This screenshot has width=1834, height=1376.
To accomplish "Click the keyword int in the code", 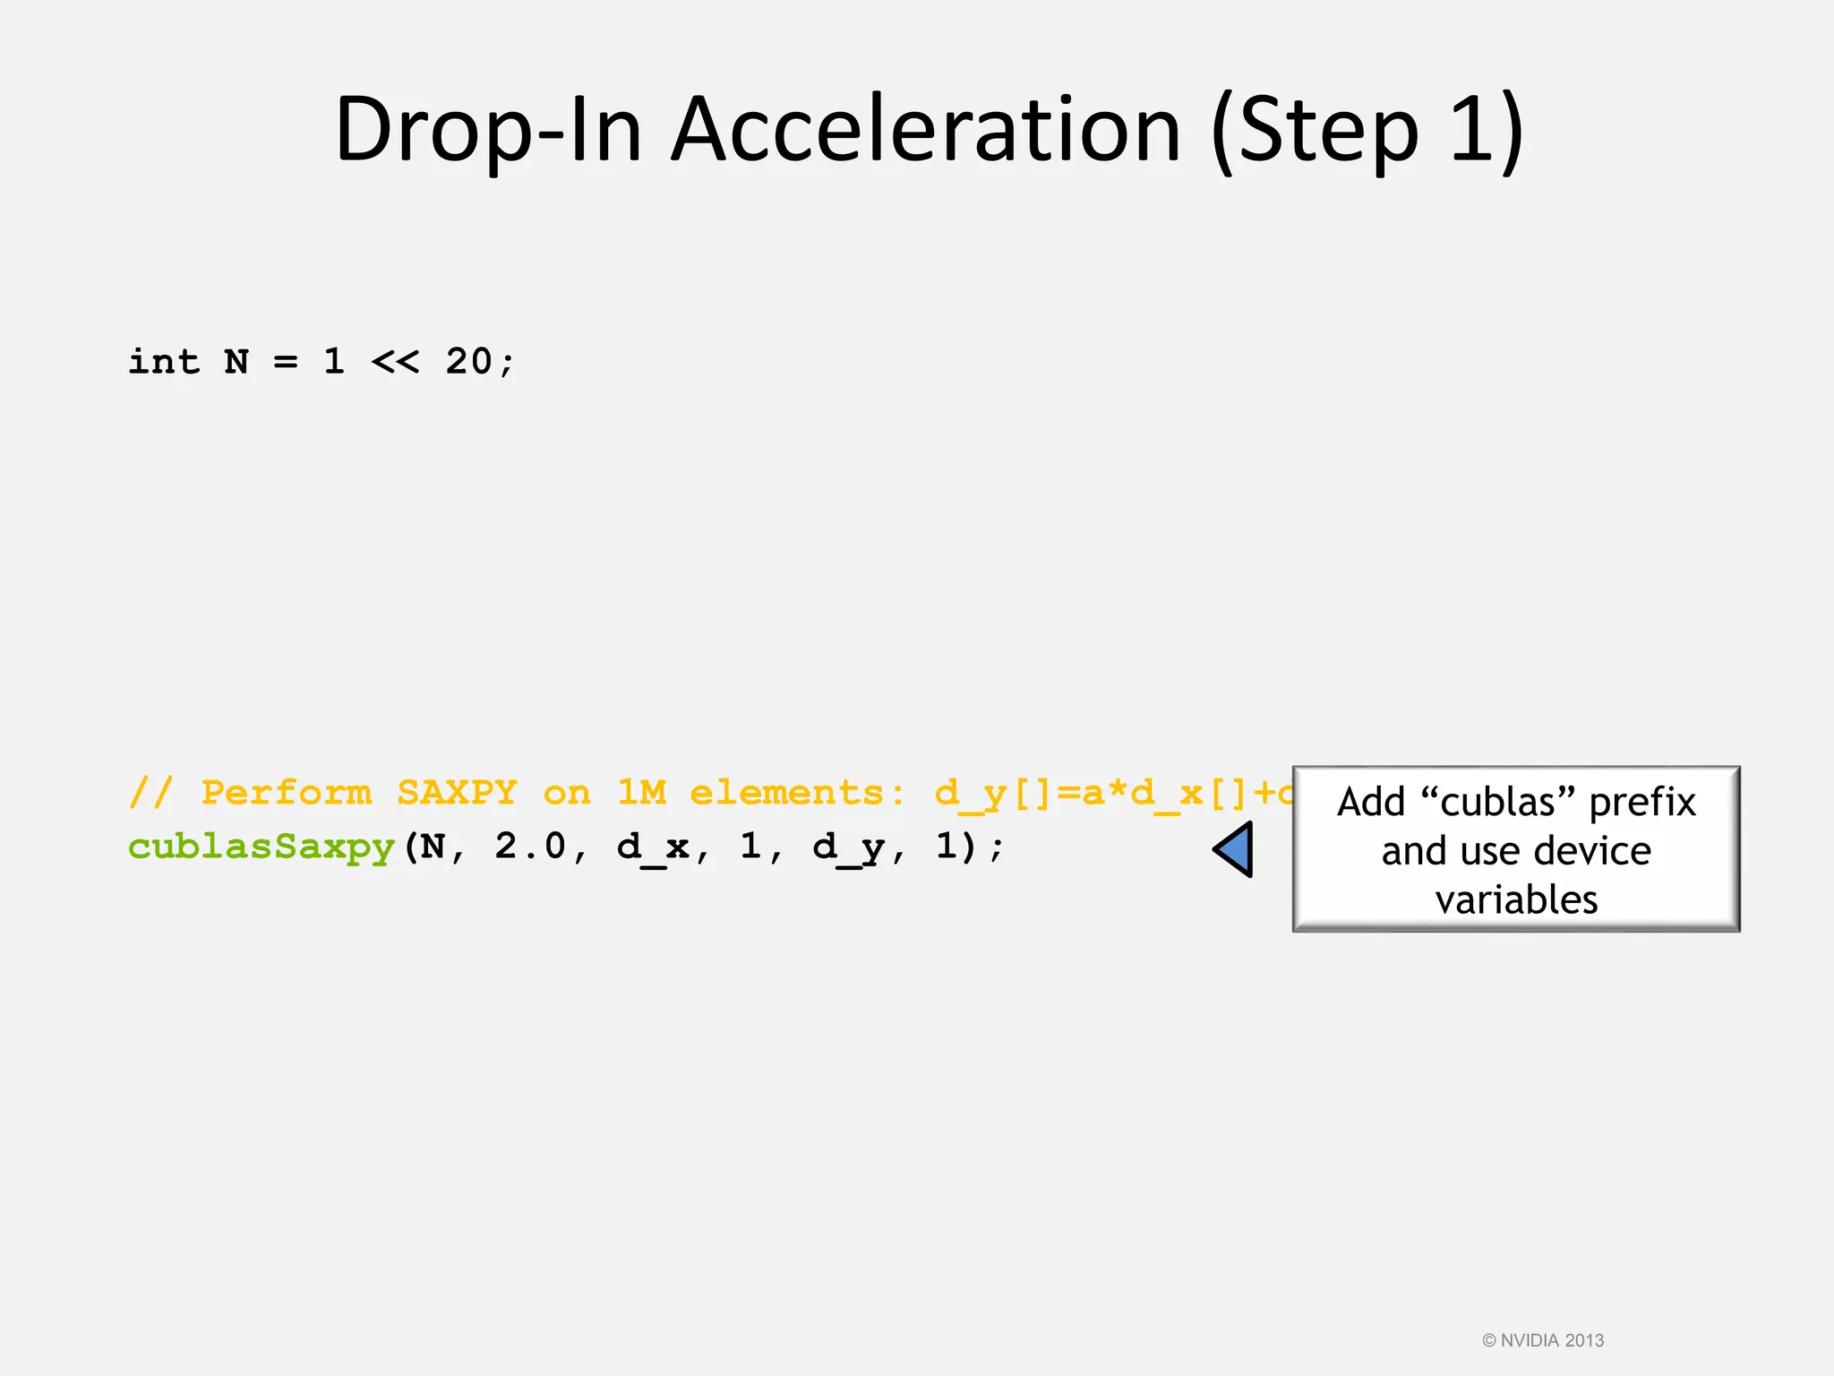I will click(x=164, y=362).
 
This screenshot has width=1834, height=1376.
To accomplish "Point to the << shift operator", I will click(x=395, y=362).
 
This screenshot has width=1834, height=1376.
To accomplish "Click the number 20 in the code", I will click(x=468, y=362).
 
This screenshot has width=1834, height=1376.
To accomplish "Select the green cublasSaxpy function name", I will click(x=261, y=847).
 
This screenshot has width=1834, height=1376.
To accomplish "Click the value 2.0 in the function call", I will click(x=529, y=847).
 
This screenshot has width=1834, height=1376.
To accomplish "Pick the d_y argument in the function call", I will click(x=848, y=847).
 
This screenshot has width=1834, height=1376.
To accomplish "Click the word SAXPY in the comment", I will click(x=457, y=793).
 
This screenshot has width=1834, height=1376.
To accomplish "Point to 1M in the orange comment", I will click(x=641, y=793).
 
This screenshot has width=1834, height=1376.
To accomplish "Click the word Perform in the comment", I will click(x=287, y=793).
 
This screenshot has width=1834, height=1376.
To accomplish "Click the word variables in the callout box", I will click(x=1516, y=899).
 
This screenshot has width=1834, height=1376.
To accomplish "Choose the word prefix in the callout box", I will click(x=1642, y=803).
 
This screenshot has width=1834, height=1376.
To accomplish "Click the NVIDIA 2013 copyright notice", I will click(x=1543, y=1340).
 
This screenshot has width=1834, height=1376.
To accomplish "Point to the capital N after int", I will click(x=236, y=362).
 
